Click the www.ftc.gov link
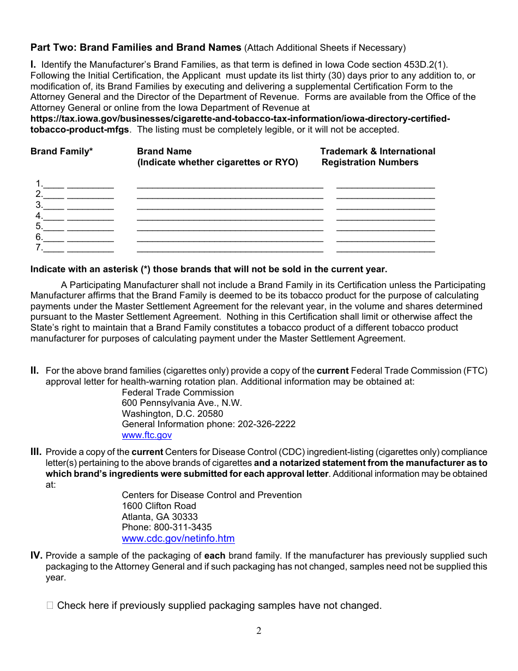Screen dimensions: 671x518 point(147,435)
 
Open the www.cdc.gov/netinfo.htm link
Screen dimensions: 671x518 point(178,538)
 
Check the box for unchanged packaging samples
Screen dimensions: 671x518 point(50,606)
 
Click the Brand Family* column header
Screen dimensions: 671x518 point(62,152)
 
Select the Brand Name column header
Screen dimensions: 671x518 point(164,152)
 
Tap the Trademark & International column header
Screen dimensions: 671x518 point(377,152)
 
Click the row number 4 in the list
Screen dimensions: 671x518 point(39,216)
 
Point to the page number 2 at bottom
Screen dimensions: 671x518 point(259,631)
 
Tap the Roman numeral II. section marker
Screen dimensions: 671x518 point(34,371)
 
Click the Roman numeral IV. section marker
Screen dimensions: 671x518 point(37,556)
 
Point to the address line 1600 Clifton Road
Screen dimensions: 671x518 point(159,506)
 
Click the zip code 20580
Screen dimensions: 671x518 point(210,414)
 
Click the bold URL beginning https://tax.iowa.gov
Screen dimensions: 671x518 point(240,119)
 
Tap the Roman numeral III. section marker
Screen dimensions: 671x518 point(36,452)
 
